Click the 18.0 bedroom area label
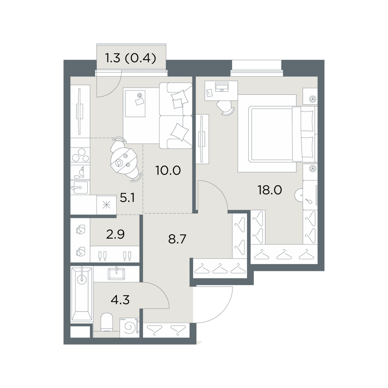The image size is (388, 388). (270, 190)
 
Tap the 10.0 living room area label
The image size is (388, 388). (168, 170)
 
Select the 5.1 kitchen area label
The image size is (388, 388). (127, 198)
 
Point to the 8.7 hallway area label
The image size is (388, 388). (177, 239)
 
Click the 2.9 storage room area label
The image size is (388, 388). (115, 234)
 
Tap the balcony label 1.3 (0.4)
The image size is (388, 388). (131, 59)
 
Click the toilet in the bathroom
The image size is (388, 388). (107, 322)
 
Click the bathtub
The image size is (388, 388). (81, 294)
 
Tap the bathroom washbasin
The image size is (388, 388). (116, 274)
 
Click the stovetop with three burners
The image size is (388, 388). (80, 155)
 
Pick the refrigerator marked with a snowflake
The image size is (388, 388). (107, 204)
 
